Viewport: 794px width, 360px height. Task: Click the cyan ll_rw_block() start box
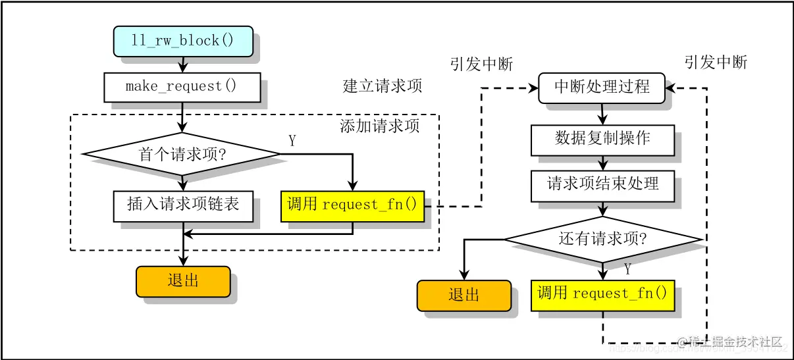click(182, 41)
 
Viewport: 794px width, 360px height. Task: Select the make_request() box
click(182, 86)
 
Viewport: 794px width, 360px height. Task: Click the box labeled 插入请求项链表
click(182, 204)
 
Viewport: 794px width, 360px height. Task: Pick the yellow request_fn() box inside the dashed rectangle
click(352, 205)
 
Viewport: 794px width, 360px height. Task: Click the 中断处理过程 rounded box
click(602, 87)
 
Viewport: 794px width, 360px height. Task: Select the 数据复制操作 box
click(602, 139)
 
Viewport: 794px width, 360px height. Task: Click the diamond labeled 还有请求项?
click(602, 238)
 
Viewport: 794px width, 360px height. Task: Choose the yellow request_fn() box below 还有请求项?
click(602, 294)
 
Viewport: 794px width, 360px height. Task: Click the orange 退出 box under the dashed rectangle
click(183, 281)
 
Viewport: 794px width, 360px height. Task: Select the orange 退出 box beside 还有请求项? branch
click(463, 295)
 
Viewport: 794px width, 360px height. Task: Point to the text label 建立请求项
click(382, 86)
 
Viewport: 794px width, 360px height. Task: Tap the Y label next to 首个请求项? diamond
click(292, 140)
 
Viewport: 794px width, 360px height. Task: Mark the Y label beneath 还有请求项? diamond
click(627, 269)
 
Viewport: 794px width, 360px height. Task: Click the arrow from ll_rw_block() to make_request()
click(182, 64)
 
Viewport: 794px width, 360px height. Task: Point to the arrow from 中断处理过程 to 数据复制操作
click(602, 114)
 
